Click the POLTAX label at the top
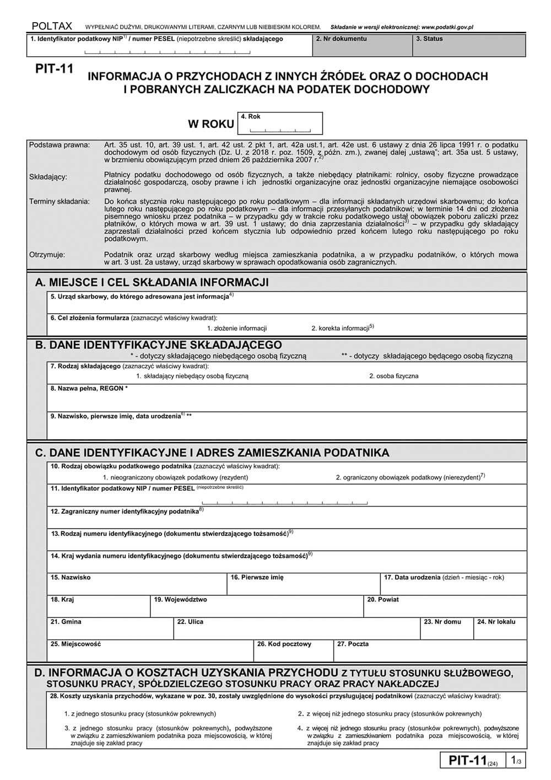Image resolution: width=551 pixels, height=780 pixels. pos(52,26)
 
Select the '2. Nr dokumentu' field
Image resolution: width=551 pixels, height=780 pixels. pos(362,46)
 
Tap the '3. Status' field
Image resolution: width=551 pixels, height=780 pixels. pos(468,46)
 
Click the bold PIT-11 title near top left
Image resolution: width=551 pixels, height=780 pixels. pos(54,69)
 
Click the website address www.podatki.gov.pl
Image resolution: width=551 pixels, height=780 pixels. pos(447,26)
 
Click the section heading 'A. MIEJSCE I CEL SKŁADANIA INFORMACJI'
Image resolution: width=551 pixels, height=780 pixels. pos(152,283)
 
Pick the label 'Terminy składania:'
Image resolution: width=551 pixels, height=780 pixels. pos(60,202)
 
